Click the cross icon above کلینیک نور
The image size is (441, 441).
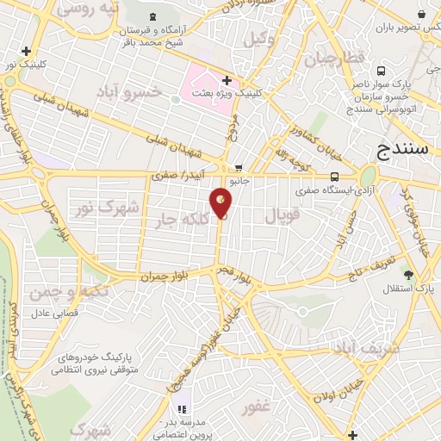(x=26, y=51)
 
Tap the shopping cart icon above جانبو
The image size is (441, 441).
(x=239, y=168)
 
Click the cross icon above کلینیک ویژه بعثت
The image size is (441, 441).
(x=227, y=79)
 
